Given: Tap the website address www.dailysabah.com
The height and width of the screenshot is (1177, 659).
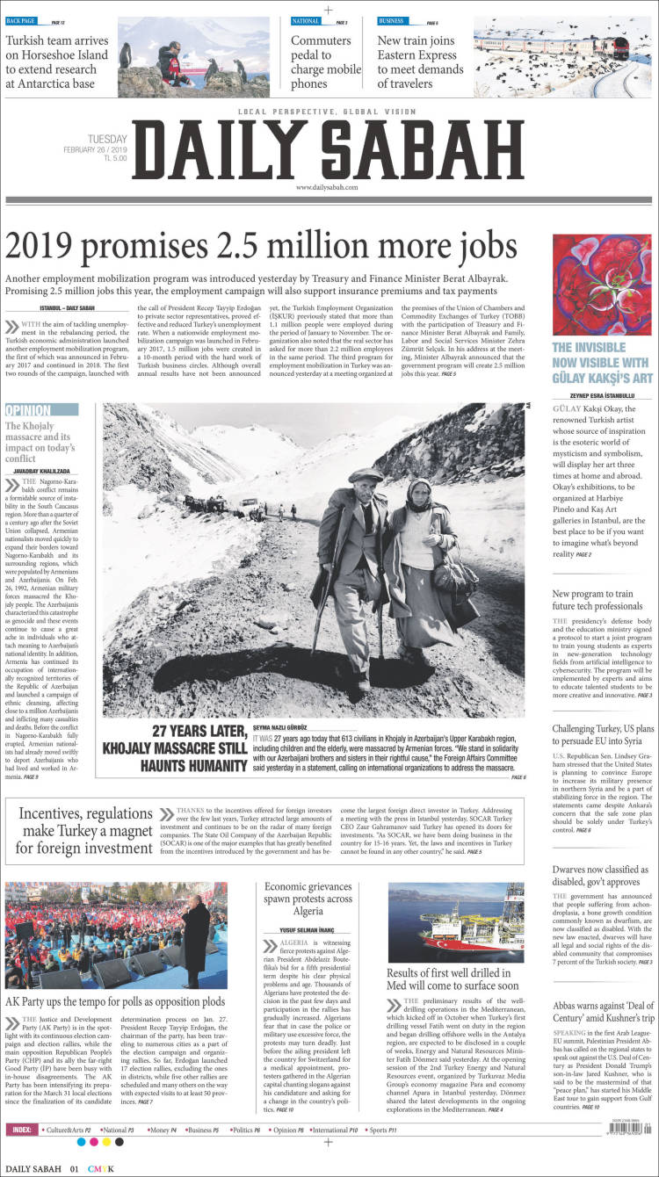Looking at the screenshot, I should pyautogui.click(x=327, y=188).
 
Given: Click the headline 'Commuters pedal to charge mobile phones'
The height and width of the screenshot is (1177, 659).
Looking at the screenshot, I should pyautogui.click(x=326, y=61).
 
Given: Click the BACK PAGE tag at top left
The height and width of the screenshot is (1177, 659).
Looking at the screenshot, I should pyautogui.click(x=24, y=20).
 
